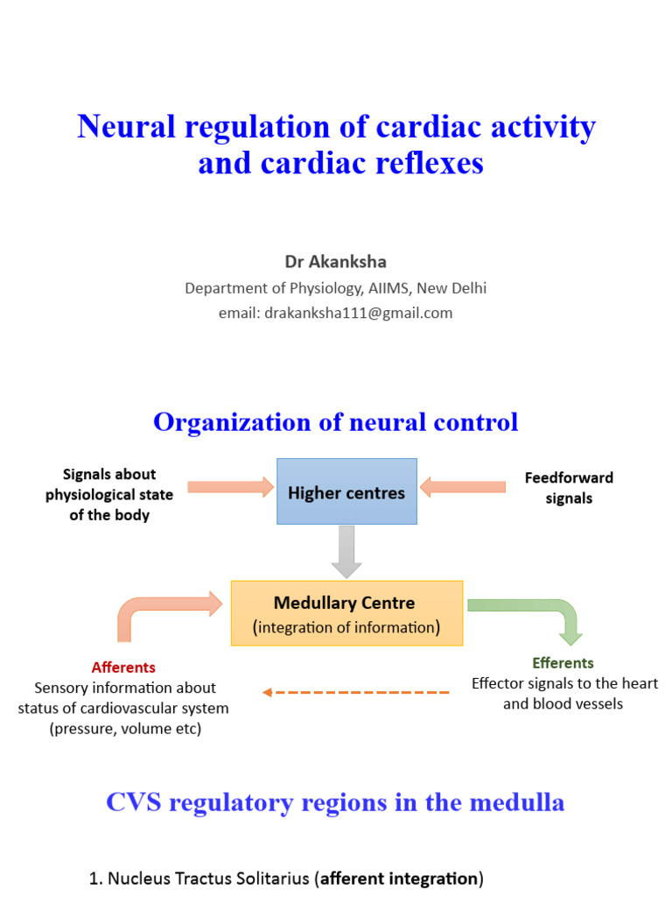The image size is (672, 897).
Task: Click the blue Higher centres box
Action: pos(346,491)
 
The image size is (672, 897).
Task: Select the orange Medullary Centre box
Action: pos(346,613)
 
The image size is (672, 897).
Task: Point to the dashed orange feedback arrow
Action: pos(356,692)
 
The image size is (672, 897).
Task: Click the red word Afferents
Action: pos(123,667)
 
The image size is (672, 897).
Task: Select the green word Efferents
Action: pos(563,663)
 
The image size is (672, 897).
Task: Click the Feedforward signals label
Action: pos(569,488)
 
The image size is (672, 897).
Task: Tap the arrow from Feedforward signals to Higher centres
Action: pos(463,486)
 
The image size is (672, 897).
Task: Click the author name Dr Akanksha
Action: pos(335,262)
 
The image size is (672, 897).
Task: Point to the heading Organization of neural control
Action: pos(336,422)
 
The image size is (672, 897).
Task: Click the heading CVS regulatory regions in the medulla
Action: pos(335,802)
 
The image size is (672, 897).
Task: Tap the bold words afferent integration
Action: pos(400,879)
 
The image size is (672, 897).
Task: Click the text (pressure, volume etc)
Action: pos(125,729)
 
